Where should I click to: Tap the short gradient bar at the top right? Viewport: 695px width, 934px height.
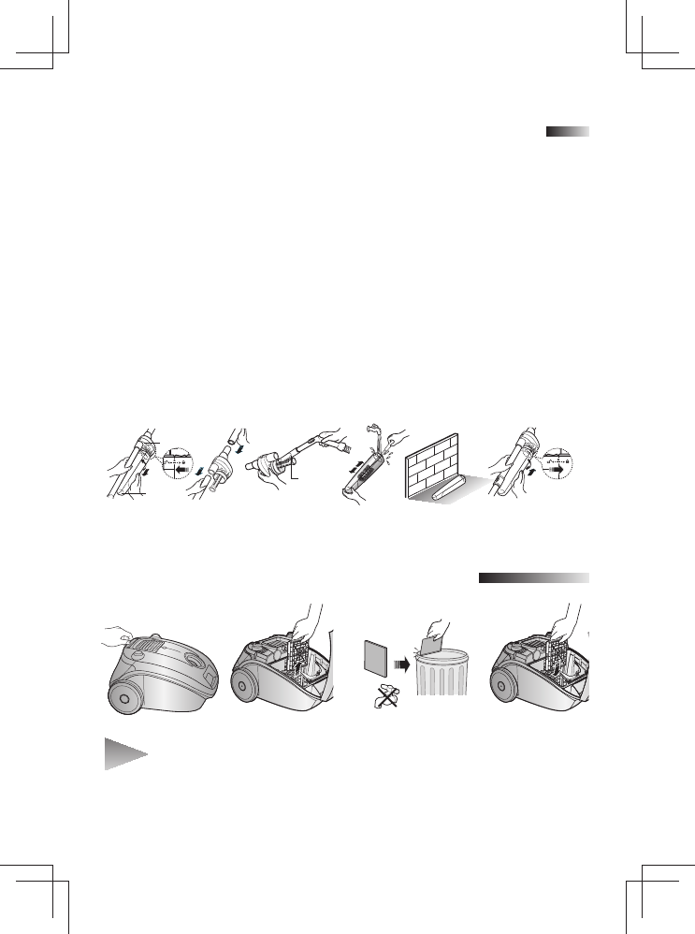[x=568, y=132]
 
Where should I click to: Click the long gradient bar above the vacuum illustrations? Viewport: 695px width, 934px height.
[x=533, y=578]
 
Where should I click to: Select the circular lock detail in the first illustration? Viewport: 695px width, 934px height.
[x=182, y=464]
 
